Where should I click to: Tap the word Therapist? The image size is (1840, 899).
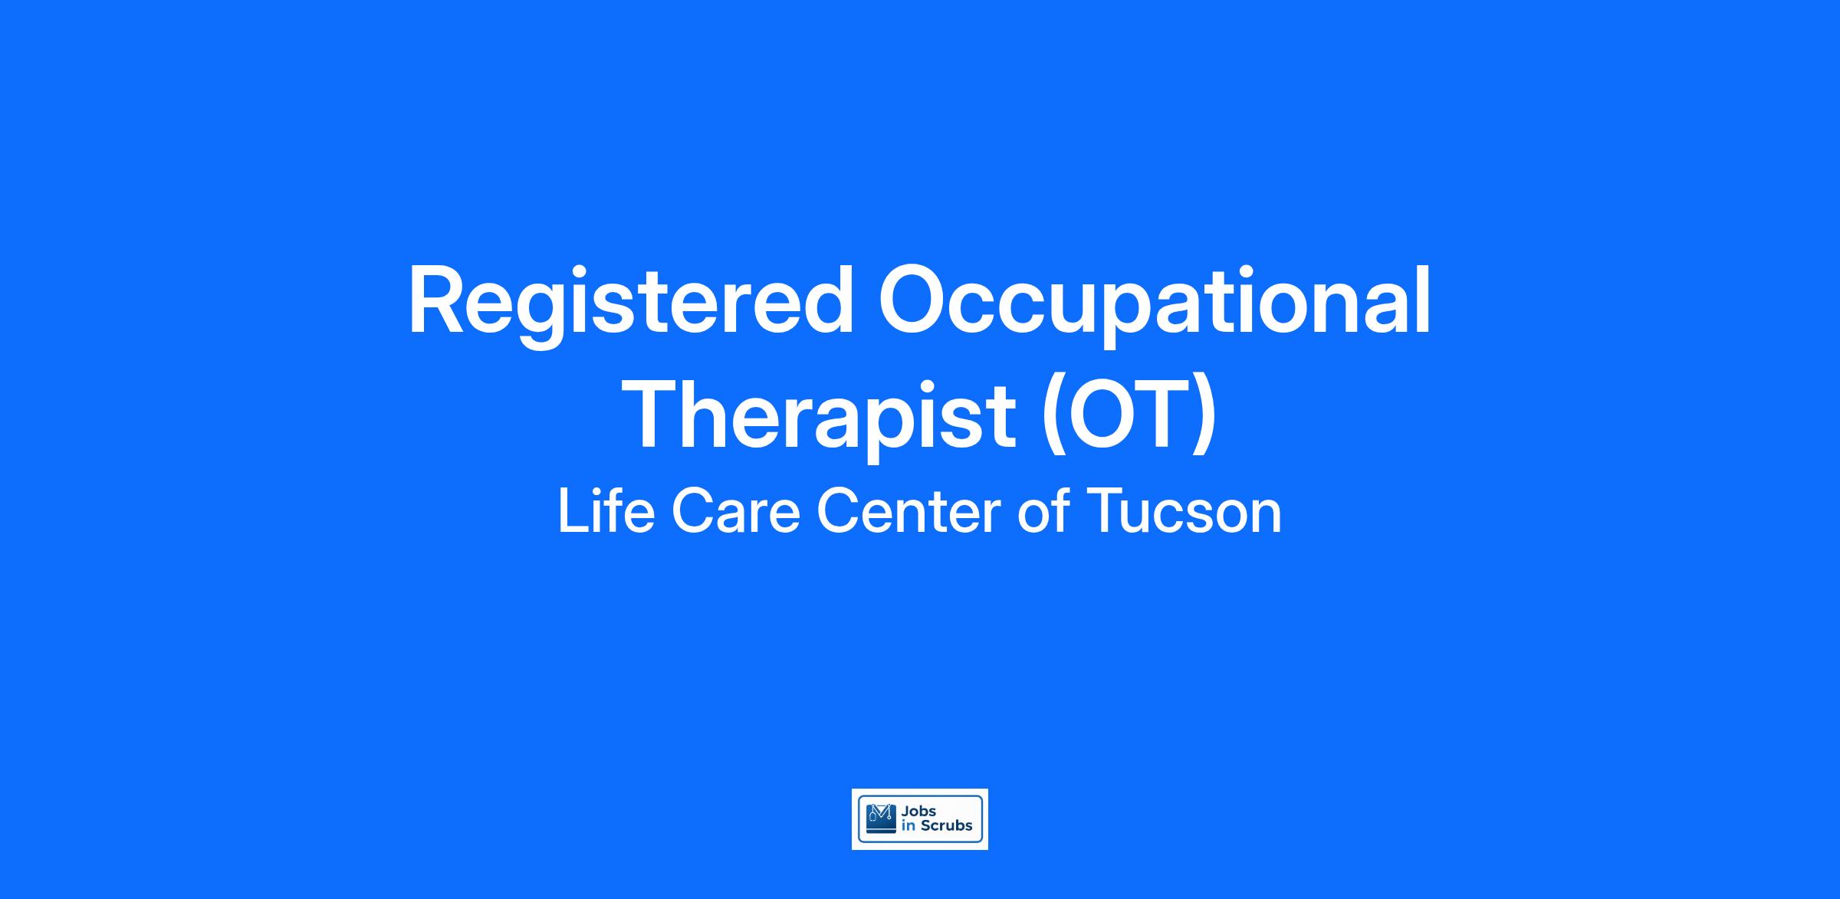821,417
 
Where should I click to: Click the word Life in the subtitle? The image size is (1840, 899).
606,511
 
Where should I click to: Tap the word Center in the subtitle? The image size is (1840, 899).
908,512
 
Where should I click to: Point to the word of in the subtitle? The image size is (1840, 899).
1043,511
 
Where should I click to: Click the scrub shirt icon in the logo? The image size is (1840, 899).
880,818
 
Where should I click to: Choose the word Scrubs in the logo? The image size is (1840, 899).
946,825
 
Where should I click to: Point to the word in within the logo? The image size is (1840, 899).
909,825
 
